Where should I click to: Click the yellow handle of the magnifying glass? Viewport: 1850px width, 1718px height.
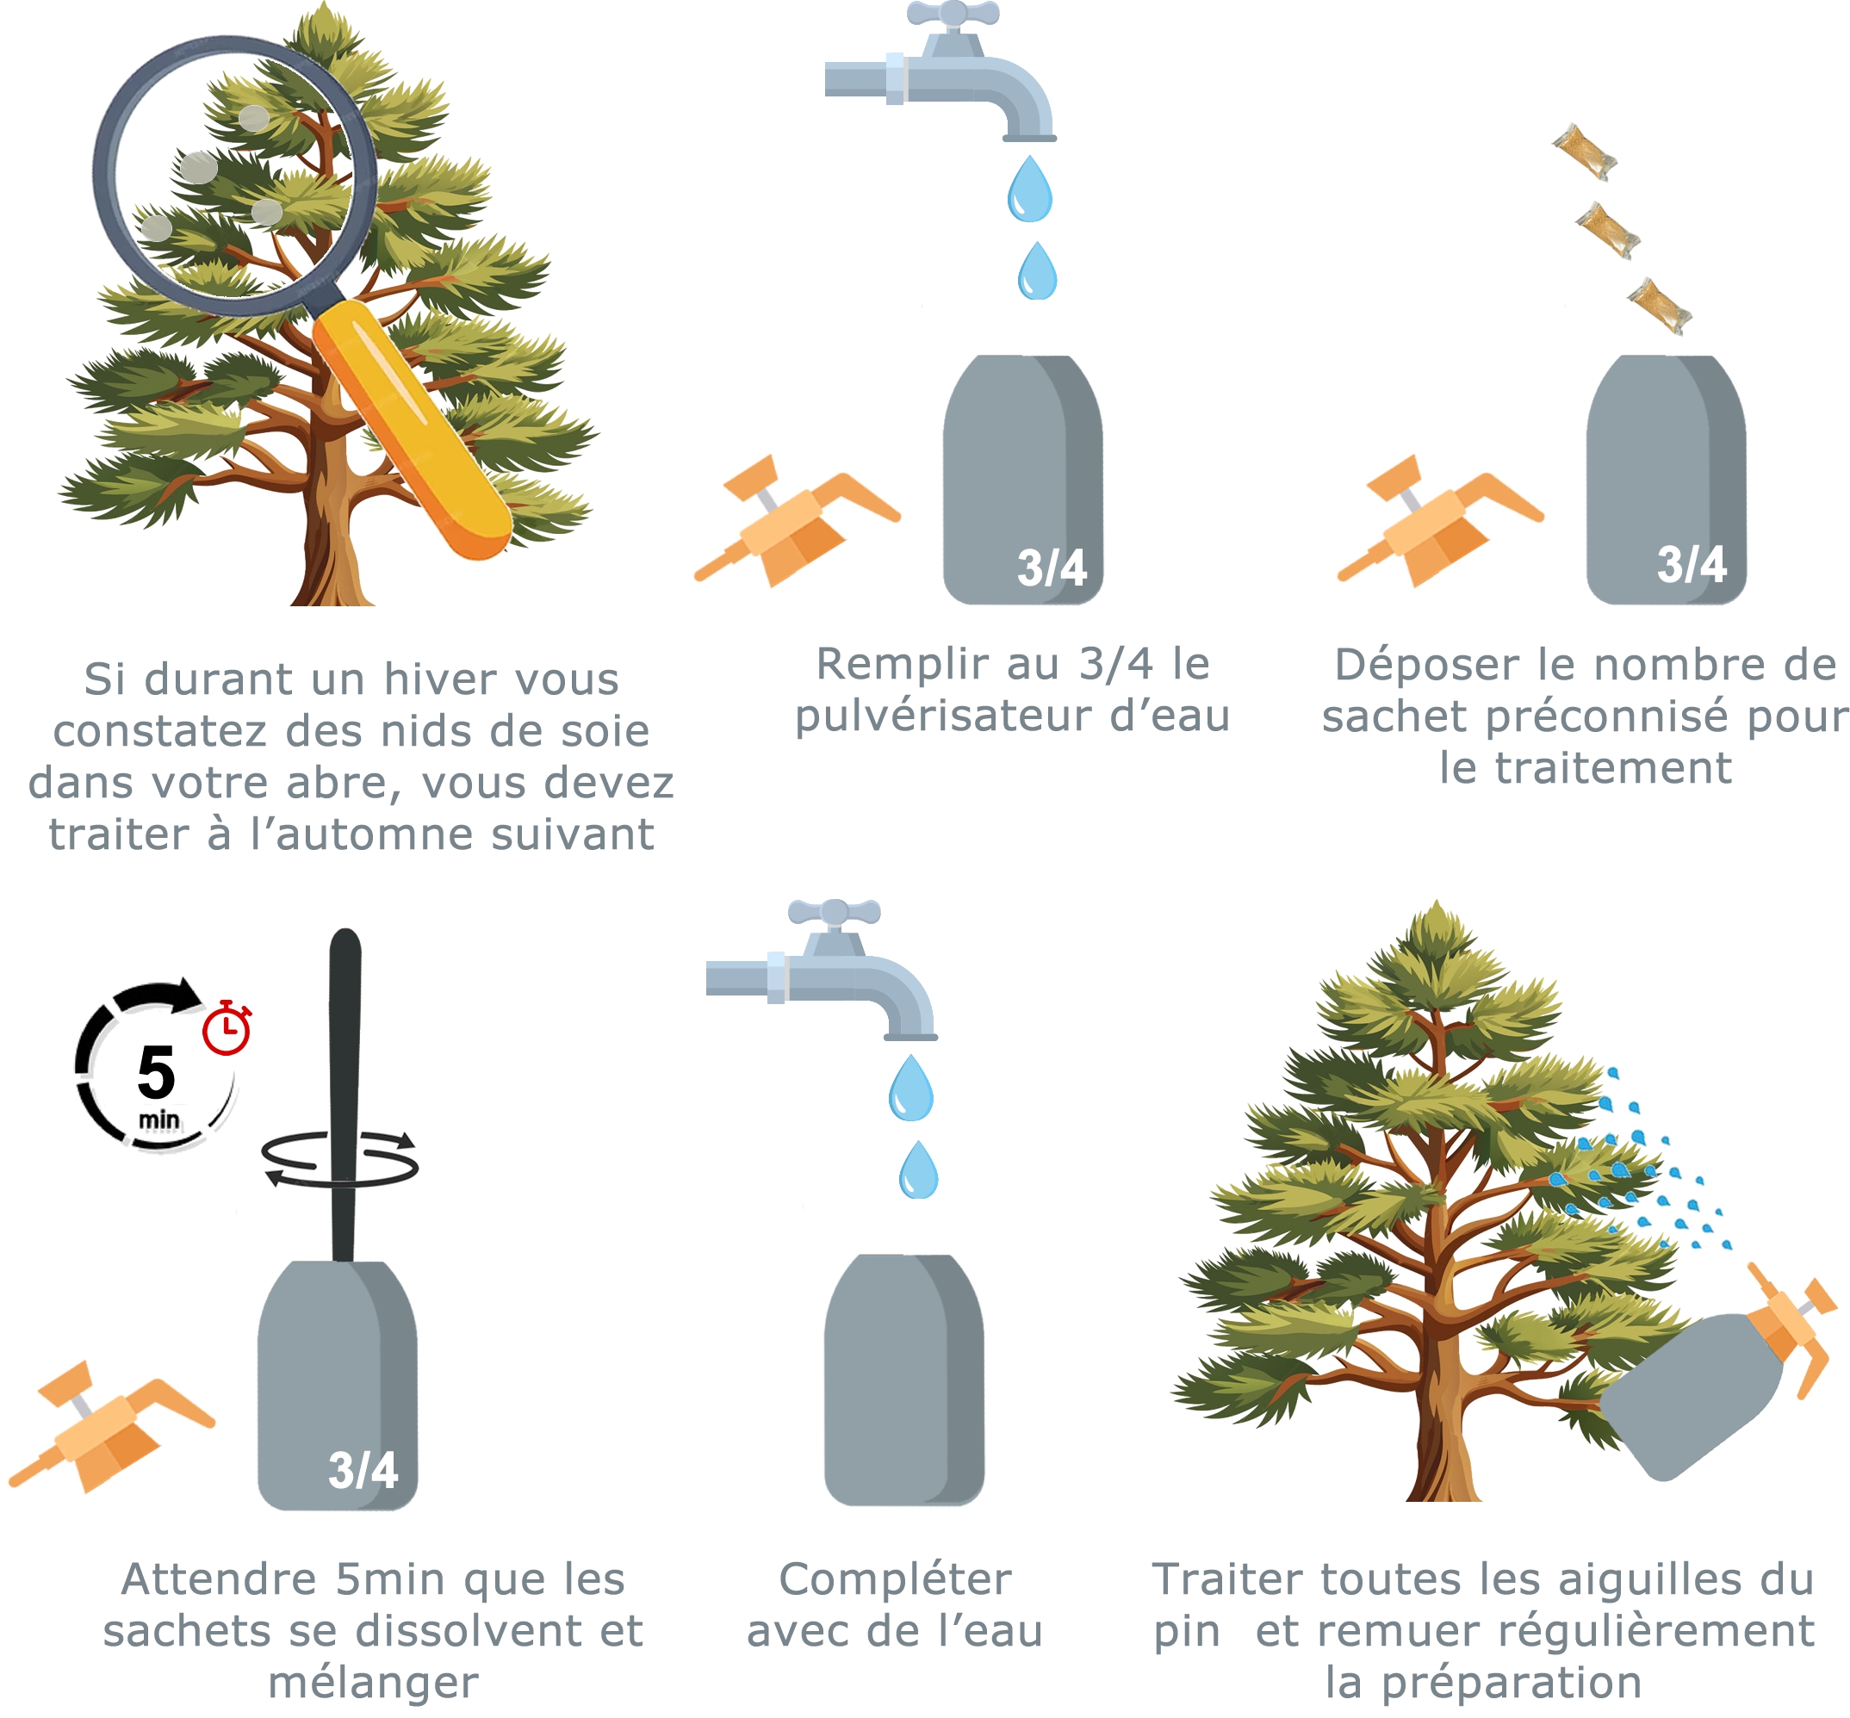[409, 428]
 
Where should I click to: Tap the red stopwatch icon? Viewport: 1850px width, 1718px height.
[227, 1029]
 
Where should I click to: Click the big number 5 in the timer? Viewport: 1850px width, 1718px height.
[156, 1074]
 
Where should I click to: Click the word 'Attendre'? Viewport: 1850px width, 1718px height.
[220, 1579]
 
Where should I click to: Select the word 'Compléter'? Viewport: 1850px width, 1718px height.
[894, 1579]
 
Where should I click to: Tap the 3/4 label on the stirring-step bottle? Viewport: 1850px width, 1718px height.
[363, 1470]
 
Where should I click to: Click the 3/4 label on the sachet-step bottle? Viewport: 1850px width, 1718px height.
[1691, 564]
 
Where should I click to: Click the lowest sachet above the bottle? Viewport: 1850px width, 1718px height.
[1660, 306]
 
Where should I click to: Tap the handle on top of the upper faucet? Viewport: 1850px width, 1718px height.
[952, 15]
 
